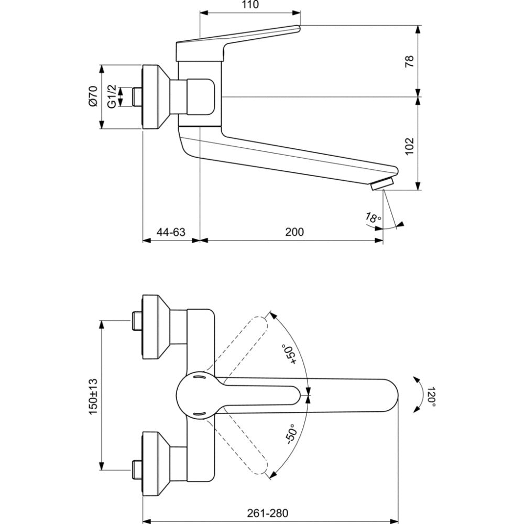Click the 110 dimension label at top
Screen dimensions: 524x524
[x=250, y=5]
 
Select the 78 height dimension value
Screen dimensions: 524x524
[x=410, y=61]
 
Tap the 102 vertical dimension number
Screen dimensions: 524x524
[x=410, y=146]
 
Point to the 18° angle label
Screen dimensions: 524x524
[x=373, y=217]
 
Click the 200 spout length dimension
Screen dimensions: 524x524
[x=294, y=232]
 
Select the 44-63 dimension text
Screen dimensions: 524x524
[x=171, y=232]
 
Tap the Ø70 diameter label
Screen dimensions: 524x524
[x=93, y=96]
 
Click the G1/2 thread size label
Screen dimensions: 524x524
[x=112, y=96]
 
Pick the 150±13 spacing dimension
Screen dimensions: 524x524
[x=93, y=397]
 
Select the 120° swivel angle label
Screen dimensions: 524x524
[x=431, y=397]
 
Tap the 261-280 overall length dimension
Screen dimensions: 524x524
[x=267, y=512]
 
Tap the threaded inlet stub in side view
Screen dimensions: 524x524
[x=137, y=97]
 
